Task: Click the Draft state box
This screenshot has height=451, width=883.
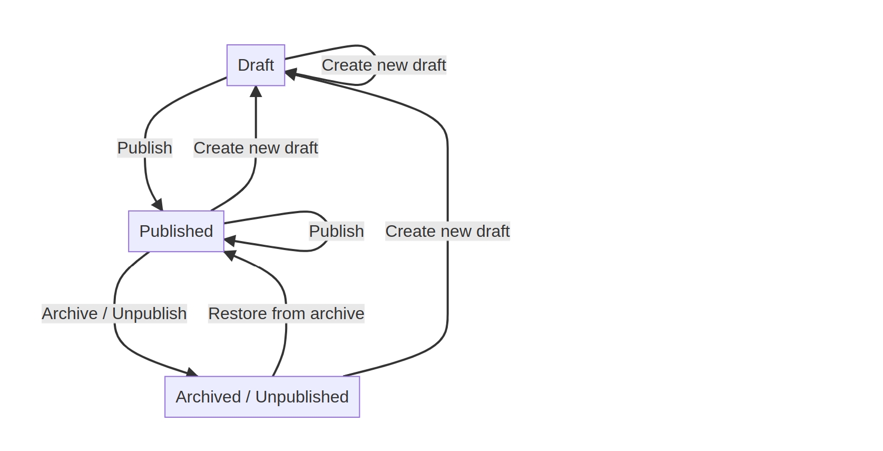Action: point(256,65)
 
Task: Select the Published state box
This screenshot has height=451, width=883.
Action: point(176,231)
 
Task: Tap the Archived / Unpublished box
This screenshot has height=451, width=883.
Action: point(262,397)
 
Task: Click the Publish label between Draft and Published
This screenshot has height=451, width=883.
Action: point(145,148)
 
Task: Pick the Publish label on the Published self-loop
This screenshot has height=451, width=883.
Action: point(336,231)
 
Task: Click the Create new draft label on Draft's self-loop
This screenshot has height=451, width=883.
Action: point(384,65)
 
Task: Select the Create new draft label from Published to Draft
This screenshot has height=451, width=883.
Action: point(256,148)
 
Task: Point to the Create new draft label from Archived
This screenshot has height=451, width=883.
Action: point(447,231)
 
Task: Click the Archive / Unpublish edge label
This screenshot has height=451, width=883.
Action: point(114,314)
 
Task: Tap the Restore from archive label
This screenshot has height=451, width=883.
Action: point(286,314)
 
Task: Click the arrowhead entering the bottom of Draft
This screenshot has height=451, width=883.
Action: point(256,91)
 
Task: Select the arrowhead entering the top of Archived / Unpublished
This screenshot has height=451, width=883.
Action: point(192,372)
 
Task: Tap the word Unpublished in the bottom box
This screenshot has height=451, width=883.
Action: point(302,397)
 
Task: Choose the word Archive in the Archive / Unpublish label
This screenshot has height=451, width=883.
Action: point(70,314)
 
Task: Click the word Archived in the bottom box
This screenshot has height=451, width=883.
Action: point(208,397)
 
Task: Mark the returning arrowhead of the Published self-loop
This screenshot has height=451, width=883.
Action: point(230,241)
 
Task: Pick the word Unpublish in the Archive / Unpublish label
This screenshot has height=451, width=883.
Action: point(150,314)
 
